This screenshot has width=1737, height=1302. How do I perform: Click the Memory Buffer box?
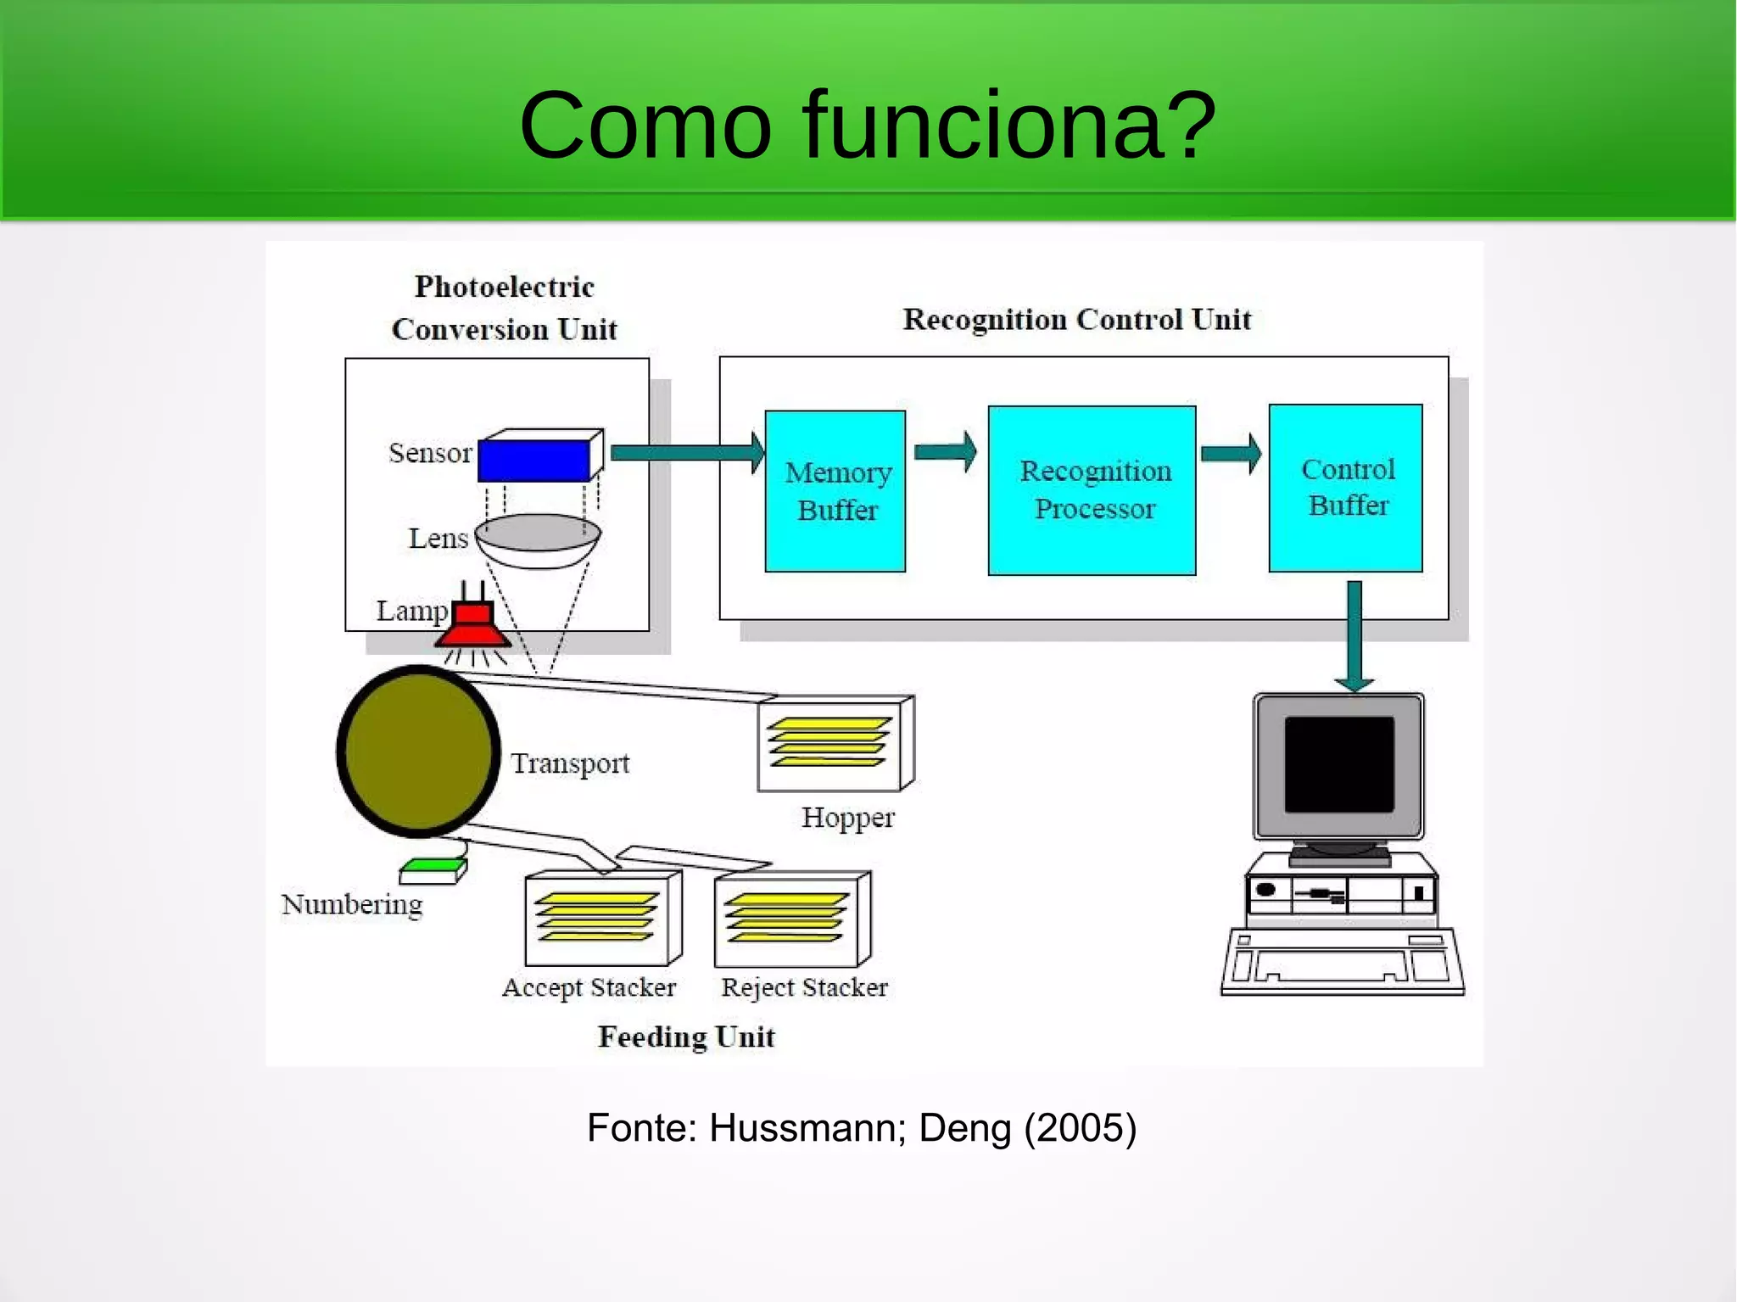coord(835,491)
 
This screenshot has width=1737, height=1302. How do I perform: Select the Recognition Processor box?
coord(1092,490)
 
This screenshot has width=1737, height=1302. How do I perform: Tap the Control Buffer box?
coord(1345,488)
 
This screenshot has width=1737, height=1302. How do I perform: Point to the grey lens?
coord(538,534)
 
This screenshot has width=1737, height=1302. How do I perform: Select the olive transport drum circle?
coord(417,751)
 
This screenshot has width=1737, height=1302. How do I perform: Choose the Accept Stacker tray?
coord(601,919)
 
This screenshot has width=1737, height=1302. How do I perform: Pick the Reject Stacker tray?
coord(790,919)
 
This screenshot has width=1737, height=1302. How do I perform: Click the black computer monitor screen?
coord(1338,764)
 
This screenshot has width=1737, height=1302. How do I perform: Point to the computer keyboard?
coord(1342,962)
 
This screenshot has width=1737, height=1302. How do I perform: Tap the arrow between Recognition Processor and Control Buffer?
coord(1231,454)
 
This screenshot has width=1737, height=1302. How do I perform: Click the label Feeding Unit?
coord(685,1037)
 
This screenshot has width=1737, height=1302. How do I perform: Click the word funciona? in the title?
coord(1008,126)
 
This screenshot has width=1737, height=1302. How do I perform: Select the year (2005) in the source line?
coord(1080,1127)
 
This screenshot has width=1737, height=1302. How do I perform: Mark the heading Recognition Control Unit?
coord(1076,320)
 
